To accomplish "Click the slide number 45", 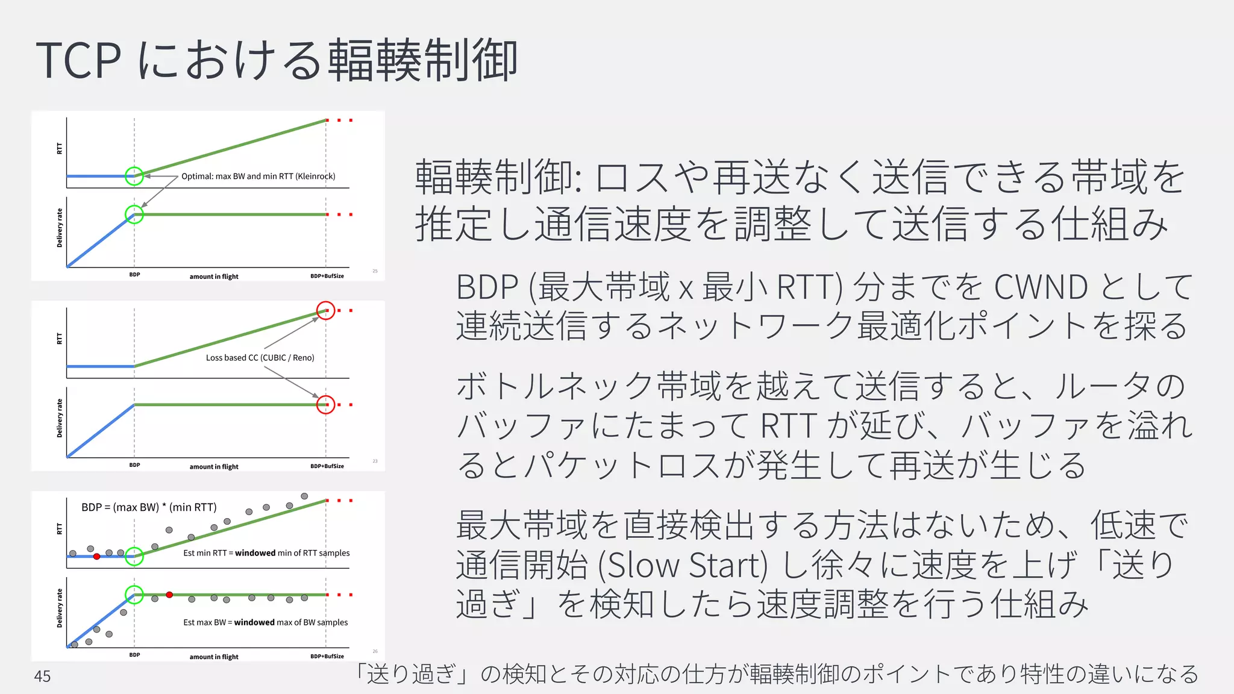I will pos(42,676).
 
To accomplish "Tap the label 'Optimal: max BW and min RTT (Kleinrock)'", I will pos(258,177).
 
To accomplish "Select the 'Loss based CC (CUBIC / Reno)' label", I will pos(260,358).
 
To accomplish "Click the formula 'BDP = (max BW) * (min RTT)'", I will pos(149,507).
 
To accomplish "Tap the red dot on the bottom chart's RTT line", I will pos(96,556).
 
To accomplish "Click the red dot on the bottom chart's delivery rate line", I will pos(169,595).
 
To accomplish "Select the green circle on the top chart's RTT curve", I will pos(134,176).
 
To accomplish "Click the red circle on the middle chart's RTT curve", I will pos(325,310).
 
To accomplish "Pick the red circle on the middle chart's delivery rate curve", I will pos(325,404).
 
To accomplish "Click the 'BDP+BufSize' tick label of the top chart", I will pos(327,276).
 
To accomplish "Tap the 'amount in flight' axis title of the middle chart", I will pos(214,467).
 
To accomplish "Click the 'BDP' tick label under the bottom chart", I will pos(134,655).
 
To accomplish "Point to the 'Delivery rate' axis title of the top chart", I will pos(59,228).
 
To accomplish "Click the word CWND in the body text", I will pos(1041,287).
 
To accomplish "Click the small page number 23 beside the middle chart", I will pos(375,461).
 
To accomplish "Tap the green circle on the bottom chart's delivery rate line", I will pos(134,595).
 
